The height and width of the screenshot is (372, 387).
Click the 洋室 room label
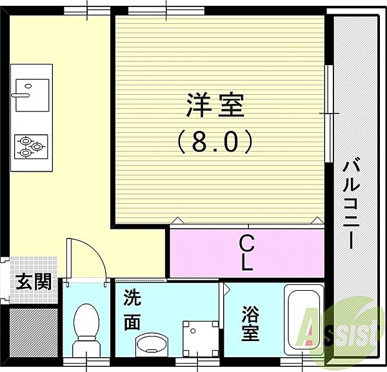[x=215, y=105]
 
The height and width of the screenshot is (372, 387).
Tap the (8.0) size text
[x=215, y=141]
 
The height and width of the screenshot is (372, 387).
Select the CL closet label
[x=246, y=252]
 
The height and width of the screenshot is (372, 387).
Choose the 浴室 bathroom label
[x=251, y=325]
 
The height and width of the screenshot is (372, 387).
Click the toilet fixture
[x=85, y=326]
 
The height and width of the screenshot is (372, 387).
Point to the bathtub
[x=305, y=323]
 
